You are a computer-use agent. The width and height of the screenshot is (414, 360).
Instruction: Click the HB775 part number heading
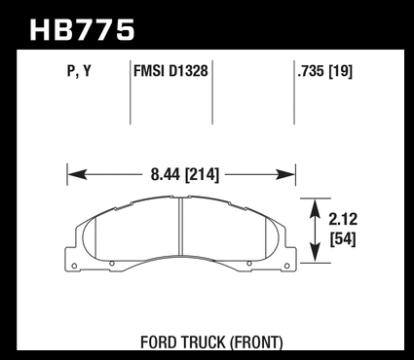point(82,30)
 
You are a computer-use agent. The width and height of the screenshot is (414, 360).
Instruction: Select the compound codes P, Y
point(79,71)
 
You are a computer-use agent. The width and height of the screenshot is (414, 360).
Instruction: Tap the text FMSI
point(149,71)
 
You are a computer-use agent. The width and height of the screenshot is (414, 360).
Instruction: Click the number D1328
point(188,71)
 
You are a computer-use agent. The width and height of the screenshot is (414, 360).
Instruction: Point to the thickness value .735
point(311,71)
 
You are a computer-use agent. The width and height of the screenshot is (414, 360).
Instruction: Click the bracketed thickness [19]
point(341,71)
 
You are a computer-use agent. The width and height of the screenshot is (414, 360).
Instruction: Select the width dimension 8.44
point(165,175)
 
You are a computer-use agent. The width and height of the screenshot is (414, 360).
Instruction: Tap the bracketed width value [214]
point(202,175)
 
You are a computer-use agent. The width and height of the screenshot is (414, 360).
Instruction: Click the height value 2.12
point(343,219)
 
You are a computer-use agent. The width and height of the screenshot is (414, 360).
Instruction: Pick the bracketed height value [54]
point(343,239)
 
